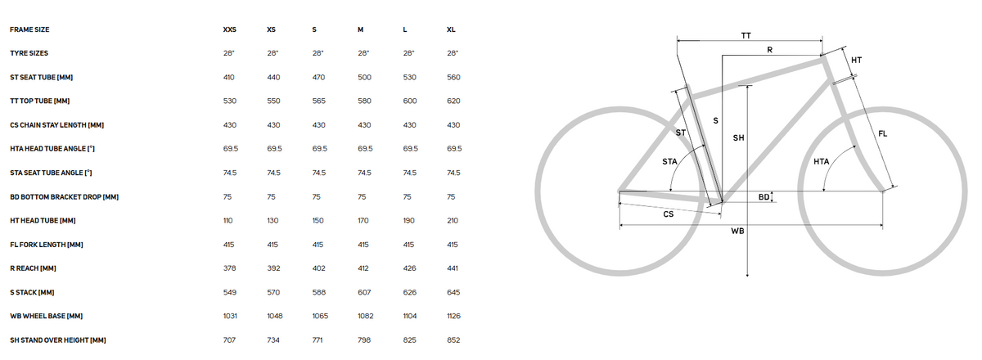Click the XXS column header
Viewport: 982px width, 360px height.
point(229,29)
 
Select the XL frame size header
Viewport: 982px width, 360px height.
point(451,29)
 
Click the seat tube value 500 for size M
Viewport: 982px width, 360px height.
point(364,77)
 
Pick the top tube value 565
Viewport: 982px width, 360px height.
point(318,101)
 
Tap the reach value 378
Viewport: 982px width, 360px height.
point(229,268)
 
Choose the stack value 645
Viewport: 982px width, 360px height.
point(453,292)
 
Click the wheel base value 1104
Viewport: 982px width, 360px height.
point(410,316)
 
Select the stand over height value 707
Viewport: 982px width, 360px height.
point(229,340)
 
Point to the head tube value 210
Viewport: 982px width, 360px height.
point(453,221)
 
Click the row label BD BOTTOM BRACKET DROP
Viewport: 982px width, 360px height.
point(65,197)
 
